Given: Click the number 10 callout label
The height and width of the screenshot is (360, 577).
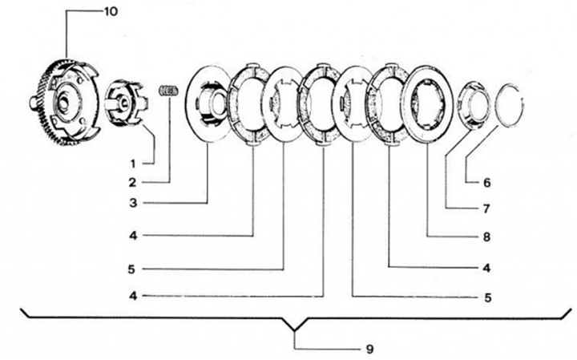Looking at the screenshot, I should click(x=111, y=13).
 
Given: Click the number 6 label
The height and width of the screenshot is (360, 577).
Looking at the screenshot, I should click(x=486, y=182).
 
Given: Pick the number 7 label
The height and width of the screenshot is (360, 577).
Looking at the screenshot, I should click(x=486, y=209).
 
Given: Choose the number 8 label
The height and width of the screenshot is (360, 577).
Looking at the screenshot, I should click(x=486, y=237).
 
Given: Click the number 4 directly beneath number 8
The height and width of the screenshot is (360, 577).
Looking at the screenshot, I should click(x=486, y=267).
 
